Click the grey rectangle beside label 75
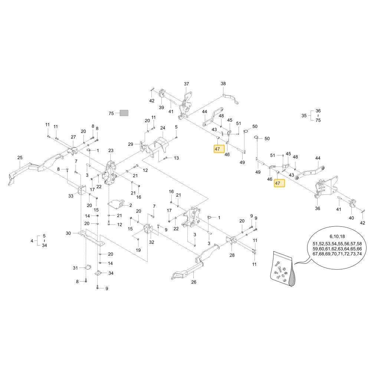124,113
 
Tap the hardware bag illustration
282,269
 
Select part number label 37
187,84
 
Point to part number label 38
223,83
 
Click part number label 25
20,158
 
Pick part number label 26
194,282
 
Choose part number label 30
68,233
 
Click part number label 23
111,151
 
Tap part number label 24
162,128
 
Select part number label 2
131,206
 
